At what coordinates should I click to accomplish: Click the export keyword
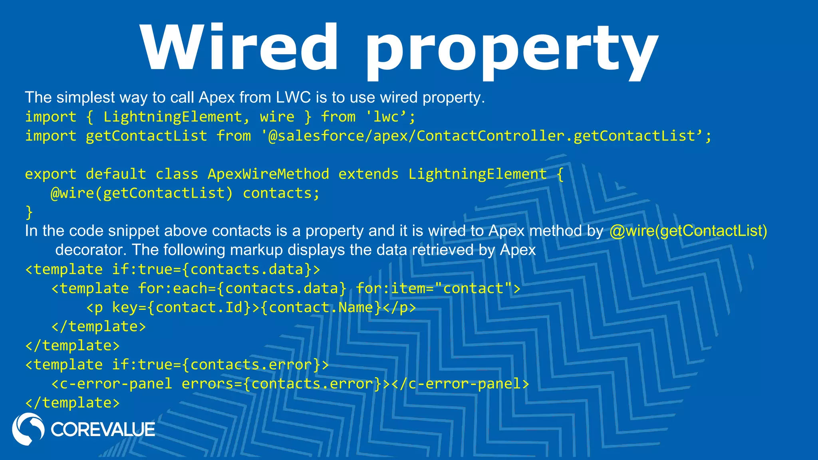50,174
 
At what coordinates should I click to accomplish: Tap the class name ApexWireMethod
268,174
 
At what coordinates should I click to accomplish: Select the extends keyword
368,174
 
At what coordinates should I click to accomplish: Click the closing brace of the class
29,212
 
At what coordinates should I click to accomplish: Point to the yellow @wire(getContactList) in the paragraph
688,231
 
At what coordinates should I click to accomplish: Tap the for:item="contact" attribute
438,288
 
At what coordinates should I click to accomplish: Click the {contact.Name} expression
321,307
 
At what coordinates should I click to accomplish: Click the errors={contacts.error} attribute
282,384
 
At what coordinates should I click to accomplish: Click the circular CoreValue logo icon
28,429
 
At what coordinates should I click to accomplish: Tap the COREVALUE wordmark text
103,430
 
